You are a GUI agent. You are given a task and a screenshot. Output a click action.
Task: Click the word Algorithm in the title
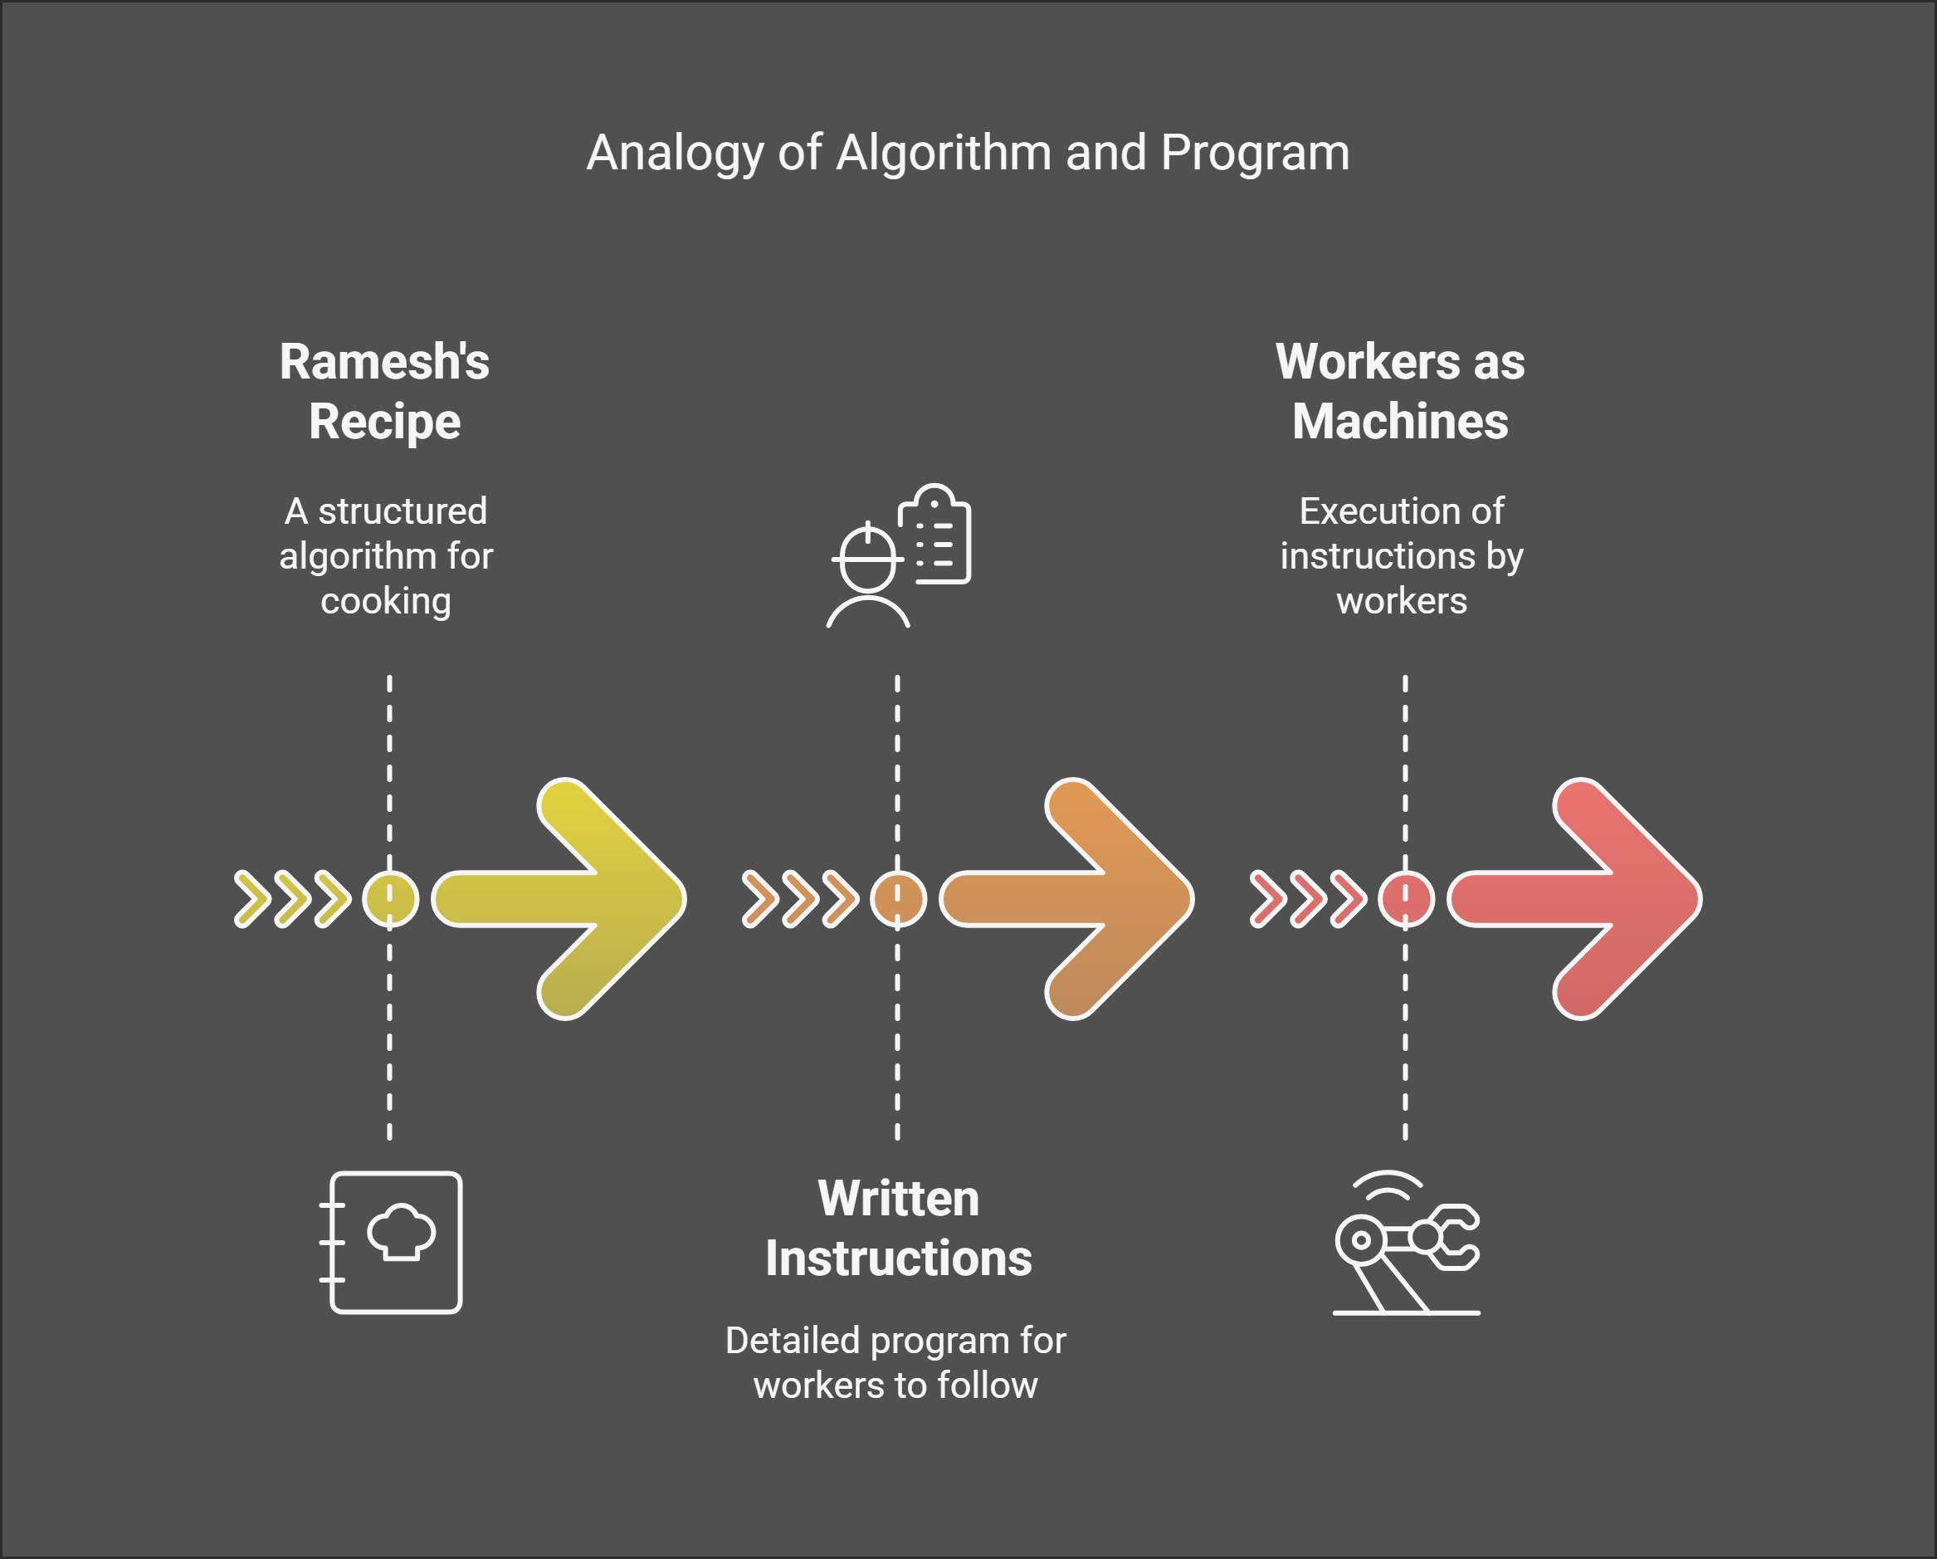944,153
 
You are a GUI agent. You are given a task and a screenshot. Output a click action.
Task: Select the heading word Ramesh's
384,362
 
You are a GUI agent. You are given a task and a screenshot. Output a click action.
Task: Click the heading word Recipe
384,422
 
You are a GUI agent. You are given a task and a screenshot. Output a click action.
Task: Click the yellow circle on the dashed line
390,898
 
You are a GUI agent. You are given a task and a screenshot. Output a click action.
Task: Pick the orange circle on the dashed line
897,898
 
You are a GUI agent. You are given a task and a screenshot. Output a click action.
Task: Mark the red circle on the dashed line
1405,898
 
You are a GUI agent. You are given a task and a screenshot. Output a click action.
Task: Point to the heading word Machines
1400,422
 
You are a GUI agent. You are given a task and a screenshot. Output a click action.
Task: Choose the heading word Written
899,1199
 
